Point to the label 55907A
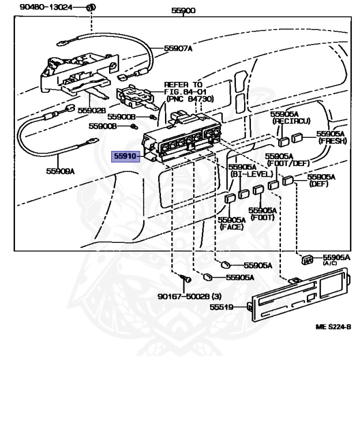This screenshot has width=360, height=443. (178, 48)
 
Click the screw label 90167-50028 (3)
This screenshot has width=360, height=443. (190, 297)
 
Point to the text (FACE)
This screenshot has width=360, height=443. (231, 227)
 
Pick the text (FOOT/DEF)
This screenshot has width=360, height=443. (279, 163)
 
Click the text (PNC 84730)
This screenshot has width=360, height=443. (189, 99)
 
